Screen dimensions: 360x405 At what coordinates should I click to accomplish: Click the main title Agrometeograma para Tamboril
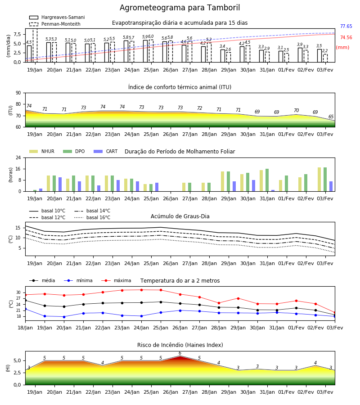click(180, 8)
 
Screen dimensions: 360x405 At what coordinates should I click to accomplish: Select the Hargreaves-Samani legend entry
click(57, 17)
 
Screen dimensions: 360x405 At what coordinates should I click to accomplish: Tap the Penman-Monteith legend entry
click(55, 24)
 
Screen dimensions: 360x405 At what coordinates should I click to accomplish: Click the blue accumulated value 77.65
click(346, 26)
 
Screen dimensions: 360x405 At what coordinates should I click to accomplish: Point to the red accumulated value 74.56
click(346, 37)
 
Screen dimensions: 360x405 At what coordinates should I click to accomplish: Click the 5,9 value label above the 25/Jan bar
click(145, 37)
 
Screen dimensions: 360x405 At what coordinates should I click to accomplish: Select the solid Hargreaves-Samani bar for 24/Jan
click(126, 51)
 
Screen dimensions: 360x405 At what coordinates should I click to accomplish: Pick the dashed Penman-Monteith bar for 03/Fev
click(325, 58)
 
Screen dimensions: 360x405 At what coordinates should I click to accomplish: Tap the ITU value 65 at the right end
click(331, 117)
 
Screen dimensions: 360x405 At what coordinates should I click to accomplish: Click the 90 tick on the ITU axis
click(18, 93)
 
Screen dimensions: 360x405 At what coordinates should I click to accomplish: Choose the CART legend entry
click(106, 151)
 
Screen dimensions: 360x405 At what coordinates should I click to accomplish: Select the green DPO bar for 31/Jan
click(267, 180)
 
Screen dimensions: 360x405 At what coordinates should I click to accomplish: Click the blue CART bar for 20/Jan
click(60, 184)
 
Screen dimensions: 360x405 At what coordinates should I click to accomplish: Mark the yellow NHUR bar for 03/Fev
click(319, 180)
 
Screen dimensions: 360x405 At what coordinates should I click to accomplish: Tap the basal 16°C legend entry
click(92, 217)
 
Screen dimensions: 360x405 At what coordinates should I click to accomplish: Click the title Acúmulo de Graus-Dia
click(180, 216)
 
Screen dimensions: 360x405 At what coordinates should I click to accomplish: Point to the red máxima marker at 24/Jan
click(141, 290)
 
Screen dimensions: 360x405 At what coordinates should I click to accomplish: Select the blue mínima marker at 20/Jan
click(64, 317)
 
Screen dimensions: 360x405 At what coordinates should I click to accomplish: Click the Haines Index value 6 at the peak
click(180, 353)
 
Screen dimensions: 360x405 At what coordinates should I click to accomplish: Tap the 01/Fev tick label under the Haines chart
click(286, 392)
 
